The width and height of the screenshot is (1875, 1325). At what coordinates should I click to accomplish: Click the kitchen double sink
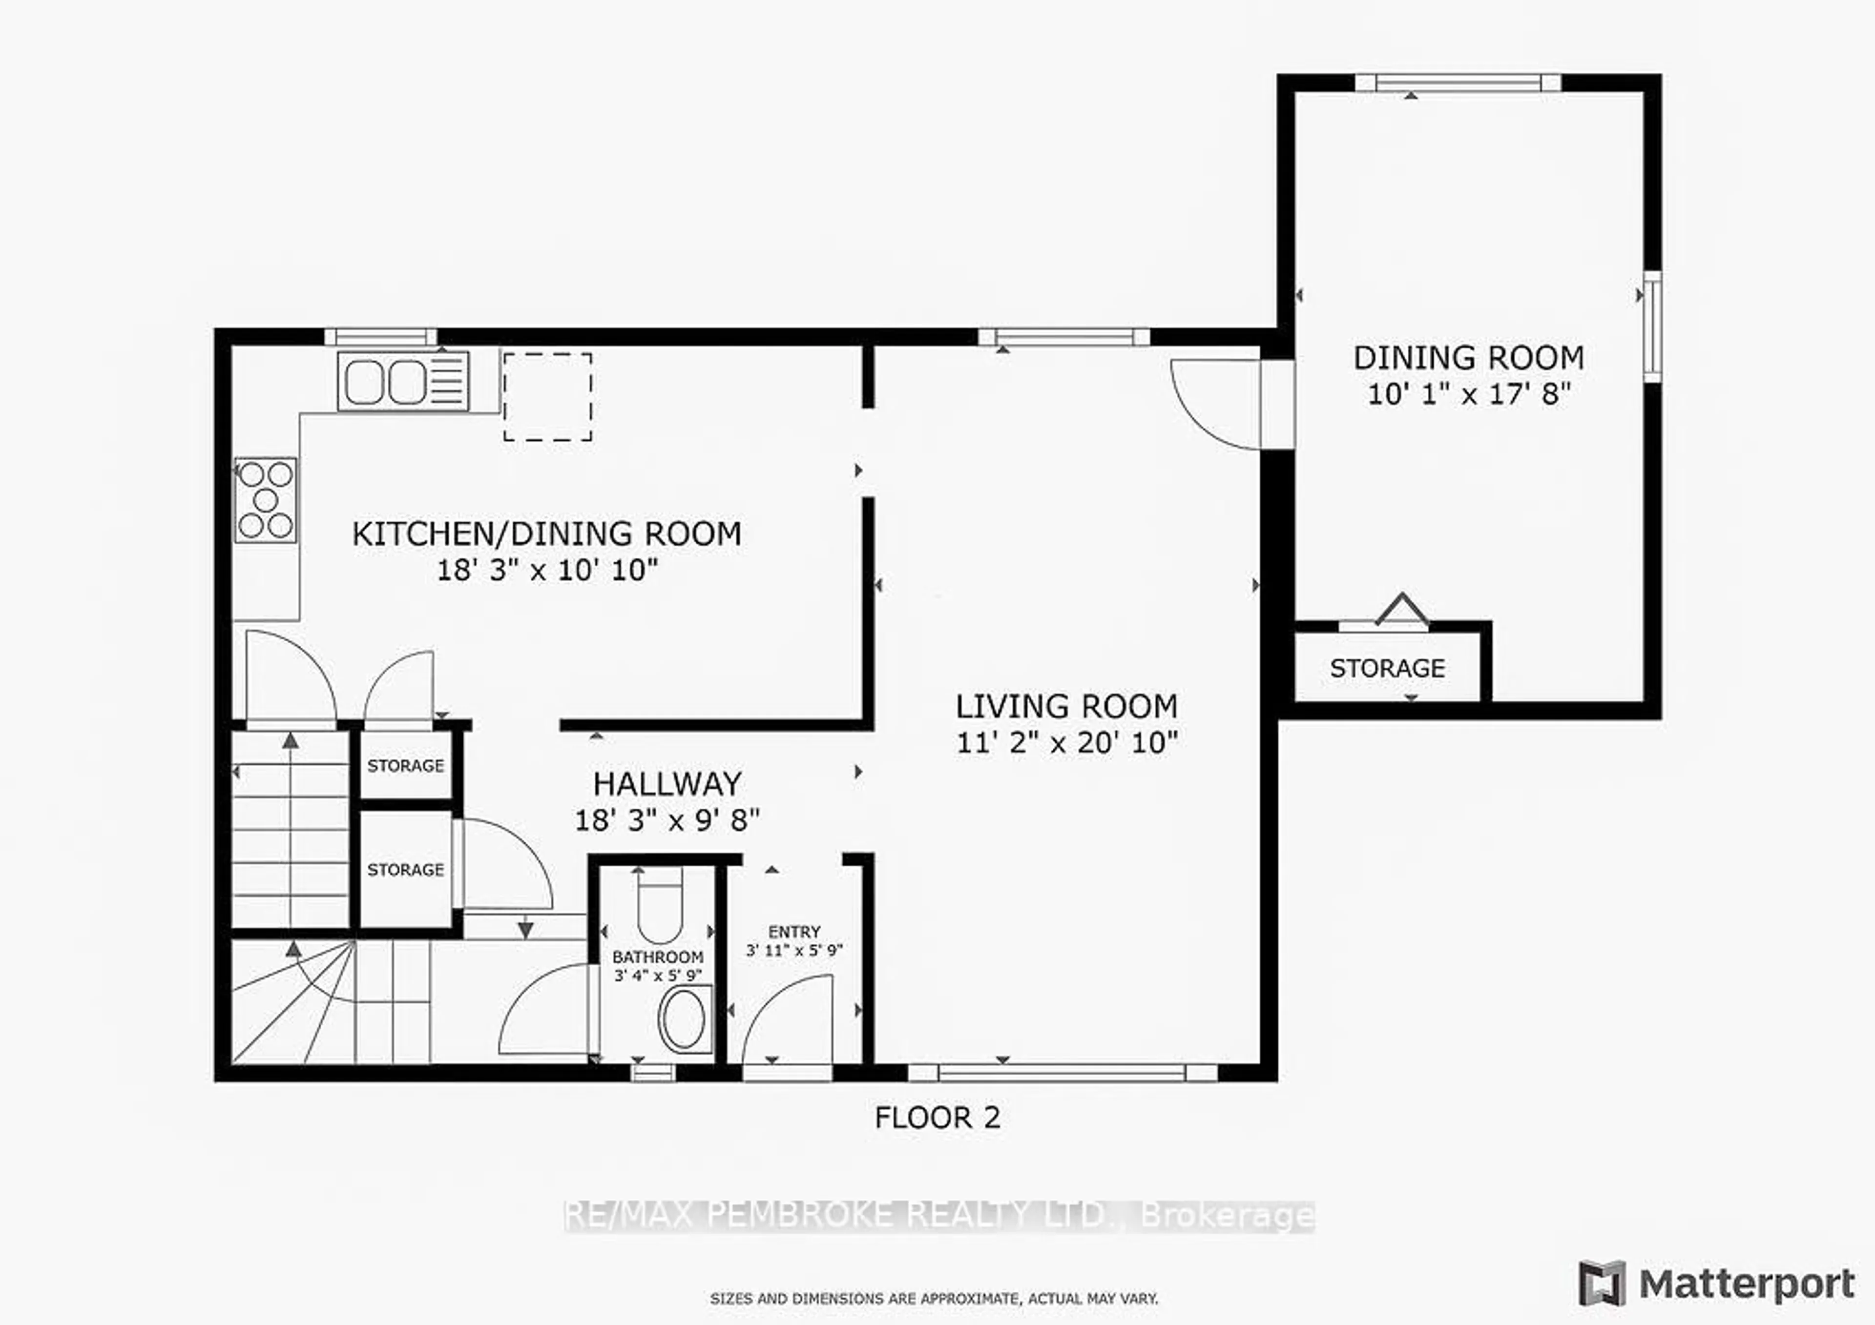tap(403, 381)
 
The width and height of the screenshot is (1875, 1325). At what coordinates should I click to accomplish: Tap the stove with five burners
tap(266, 500)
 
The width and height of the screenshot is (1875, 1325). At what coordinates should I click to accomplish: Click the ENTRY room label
tap(794, 932)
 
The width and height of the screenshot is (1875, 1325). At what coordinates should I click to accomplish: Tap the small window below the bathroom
tap(653, 1072)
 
